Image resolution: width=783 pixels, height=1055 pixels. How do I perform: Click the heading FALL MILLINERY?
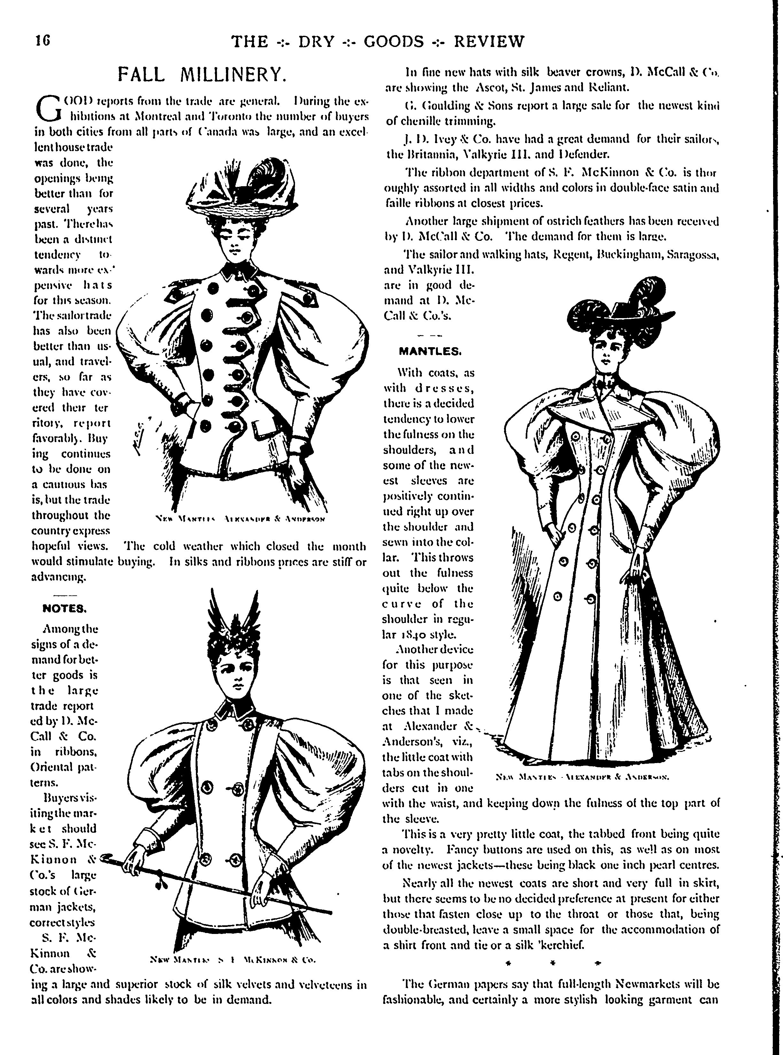(x=202, y=74)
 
